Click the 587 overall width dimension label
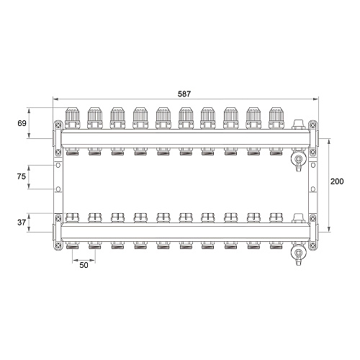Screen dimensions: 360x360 [184, 94]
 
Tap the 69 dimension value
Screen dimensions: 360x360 [22, 123]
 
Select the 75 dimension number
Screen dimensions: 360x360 [22, 176]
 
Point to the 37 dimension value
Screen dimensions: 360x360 [22, 222]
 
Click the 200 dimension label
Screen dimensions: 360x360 [337, 181]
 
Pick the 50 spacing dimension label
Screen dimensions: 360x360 [84, 265]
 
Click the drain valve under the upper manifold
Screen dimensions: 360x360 [298, 159]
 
